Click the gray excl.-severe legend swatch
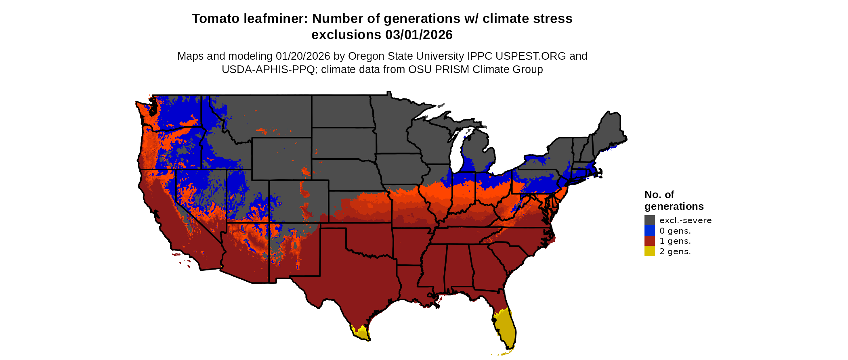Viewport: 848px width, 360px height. [649, 220]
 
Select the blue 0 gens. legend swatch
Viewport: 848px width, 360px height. [649, 230]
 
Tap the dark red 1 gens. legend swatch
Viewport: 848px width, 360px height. [649, 241]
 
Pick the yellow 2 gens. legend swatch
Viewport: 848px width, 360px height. [649, 251]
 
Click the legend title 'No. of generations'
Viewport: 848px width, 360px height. [674, 201]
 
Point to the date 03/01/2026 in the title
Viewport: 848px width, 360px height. [419, 35]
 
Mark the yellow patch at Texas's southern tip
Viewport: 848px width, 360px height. [361, 333]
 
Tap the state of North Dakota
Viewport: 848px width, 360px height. [341, 111]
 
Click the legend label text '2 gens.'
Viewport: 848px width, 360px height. [675, 251]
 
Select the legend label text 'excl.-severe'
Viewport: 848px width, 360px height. [685, 220]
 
